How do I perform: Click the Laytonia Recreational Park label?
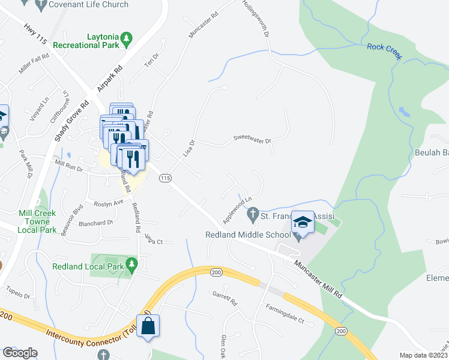point(86,40)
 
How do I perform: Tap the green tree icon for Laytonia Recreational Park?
point(127,39)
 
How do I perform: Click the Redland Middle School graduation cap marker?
point(303,224)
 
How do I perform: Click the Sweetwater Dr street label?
point(252,140)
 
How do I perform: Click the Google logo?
point(20,353)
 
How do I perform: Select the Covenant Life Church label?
point(89,5)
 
